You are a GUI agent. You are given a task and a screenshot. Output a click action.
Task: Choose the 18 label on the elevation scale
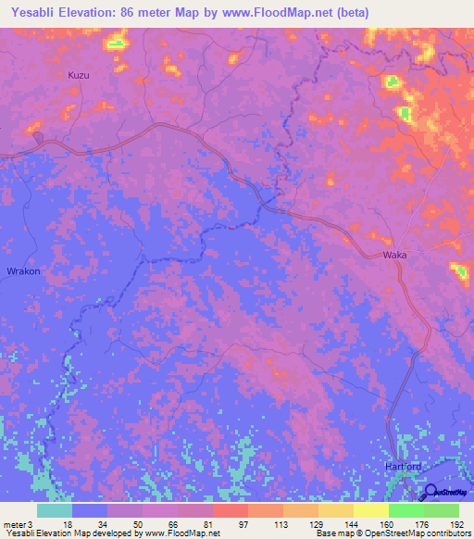[x=69, y=524]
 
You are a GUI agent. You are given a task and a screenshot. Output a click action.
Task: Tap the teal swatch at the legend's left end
[x=55, y=510]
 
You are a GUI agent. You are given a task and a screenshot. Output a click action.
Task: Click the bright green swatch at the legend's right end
[x=442, y=510]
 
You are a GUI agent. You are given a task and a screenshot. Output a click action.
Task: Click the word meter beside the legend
[x=14, y=524]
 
